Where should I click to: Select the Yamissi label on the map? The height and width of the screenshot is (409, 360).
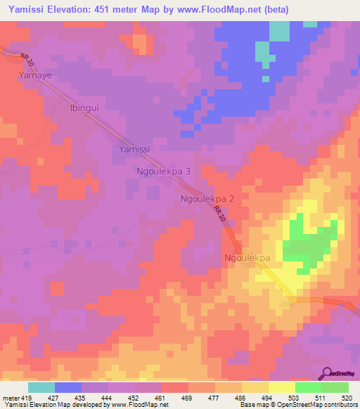(x=134, y=150)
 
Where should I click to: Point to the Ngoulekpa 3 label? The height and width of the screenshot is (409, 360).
(x=163, y=171)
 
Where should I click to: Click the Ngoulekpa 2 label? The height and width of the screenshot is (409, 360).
(x=207, y=199)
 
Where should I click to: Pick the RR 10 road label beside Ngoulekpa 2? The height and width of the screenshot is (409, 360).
(x=220, y=216)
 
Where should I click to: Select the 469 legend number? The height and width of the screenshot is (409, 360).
(x=188, y=398)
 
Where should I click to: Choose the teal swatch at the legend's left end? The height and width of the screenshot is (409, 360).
(x=41, y=387)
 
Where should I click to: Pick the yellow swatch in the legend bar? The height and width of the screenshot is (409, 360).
(x=281, y=387)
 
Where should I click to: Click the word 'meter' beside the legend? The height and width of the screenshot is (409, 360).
(x=11, y=398)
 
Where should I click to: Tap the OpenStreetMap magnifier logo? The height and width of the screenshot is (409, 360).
(x=327, y=373)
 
